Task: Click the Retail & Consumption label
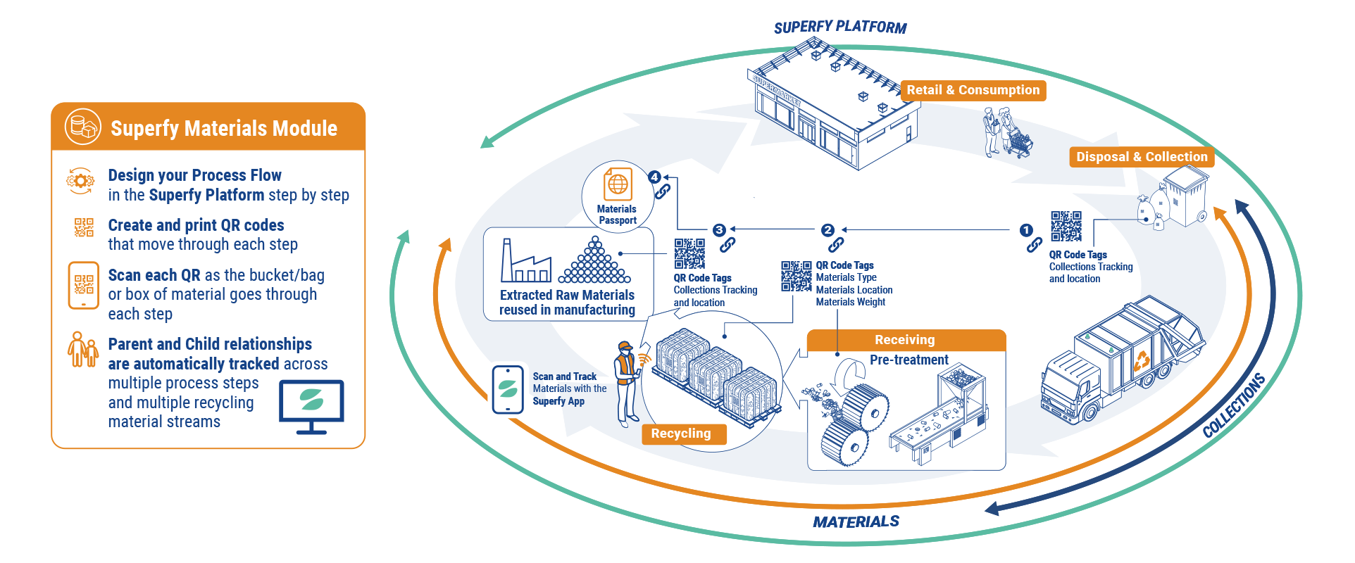coord(973,90)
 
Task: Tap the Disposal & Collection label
coord(1141,157)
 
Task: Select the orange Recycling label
coord(681,434)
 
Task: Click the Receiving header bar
coord(905,340)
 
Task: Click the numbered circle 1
coord(1026,230)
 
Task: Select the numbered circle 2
coord(828,230)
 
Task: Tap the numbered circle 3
coord(719,230)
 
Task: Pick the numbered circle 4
coord(655,177)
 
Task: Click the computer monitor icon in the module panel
coord(311,405)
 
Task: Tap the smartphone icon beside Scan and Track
coord(508,389)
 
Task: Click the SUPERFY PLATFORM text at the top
coord(839,27)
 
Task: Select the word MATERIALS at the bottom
coord(856,521)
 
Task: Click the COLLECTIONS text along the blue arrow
coord(1233,405)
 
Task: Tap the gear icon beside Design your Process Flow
coord(80,181)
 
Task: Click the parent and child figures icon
coord(82,350)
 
